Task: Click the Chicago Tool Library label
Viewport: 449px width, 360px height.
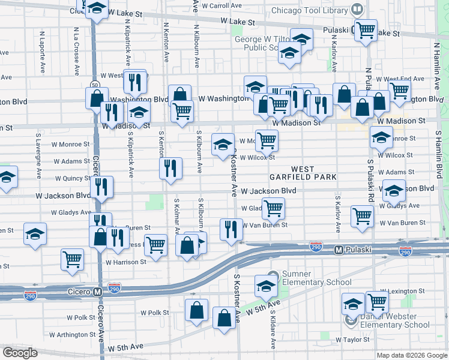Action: [x=309, y=11]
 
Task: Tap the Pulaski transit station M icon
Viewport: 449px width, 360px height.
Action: [x=339, y=249]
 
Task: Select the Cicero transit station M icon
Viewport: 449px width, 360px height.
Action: [x=97, y=292]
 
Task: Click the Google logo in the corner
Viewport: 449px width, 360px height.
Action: [x=20, y=353]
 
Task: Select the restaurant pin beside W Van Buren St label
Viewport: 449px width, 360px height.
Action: [x=230, y=228]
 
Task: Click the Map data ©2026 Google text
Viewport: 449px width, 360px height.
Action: [x=411, y=355]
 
